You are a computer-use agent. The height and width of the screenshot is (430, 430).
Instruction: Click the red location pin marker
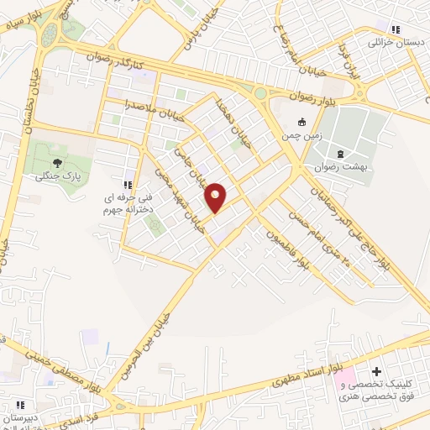[x=216, y=197]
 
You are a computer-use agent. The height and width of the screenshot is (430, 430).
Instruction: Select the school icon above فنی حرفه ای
[x=128, y=185]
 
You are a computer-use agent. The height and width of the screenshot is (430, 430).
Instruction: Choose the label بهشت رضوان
[x=343, y=167]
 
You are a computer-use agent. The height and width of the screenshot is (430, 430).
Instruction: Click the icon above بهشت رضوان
[x=340, y=153]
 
